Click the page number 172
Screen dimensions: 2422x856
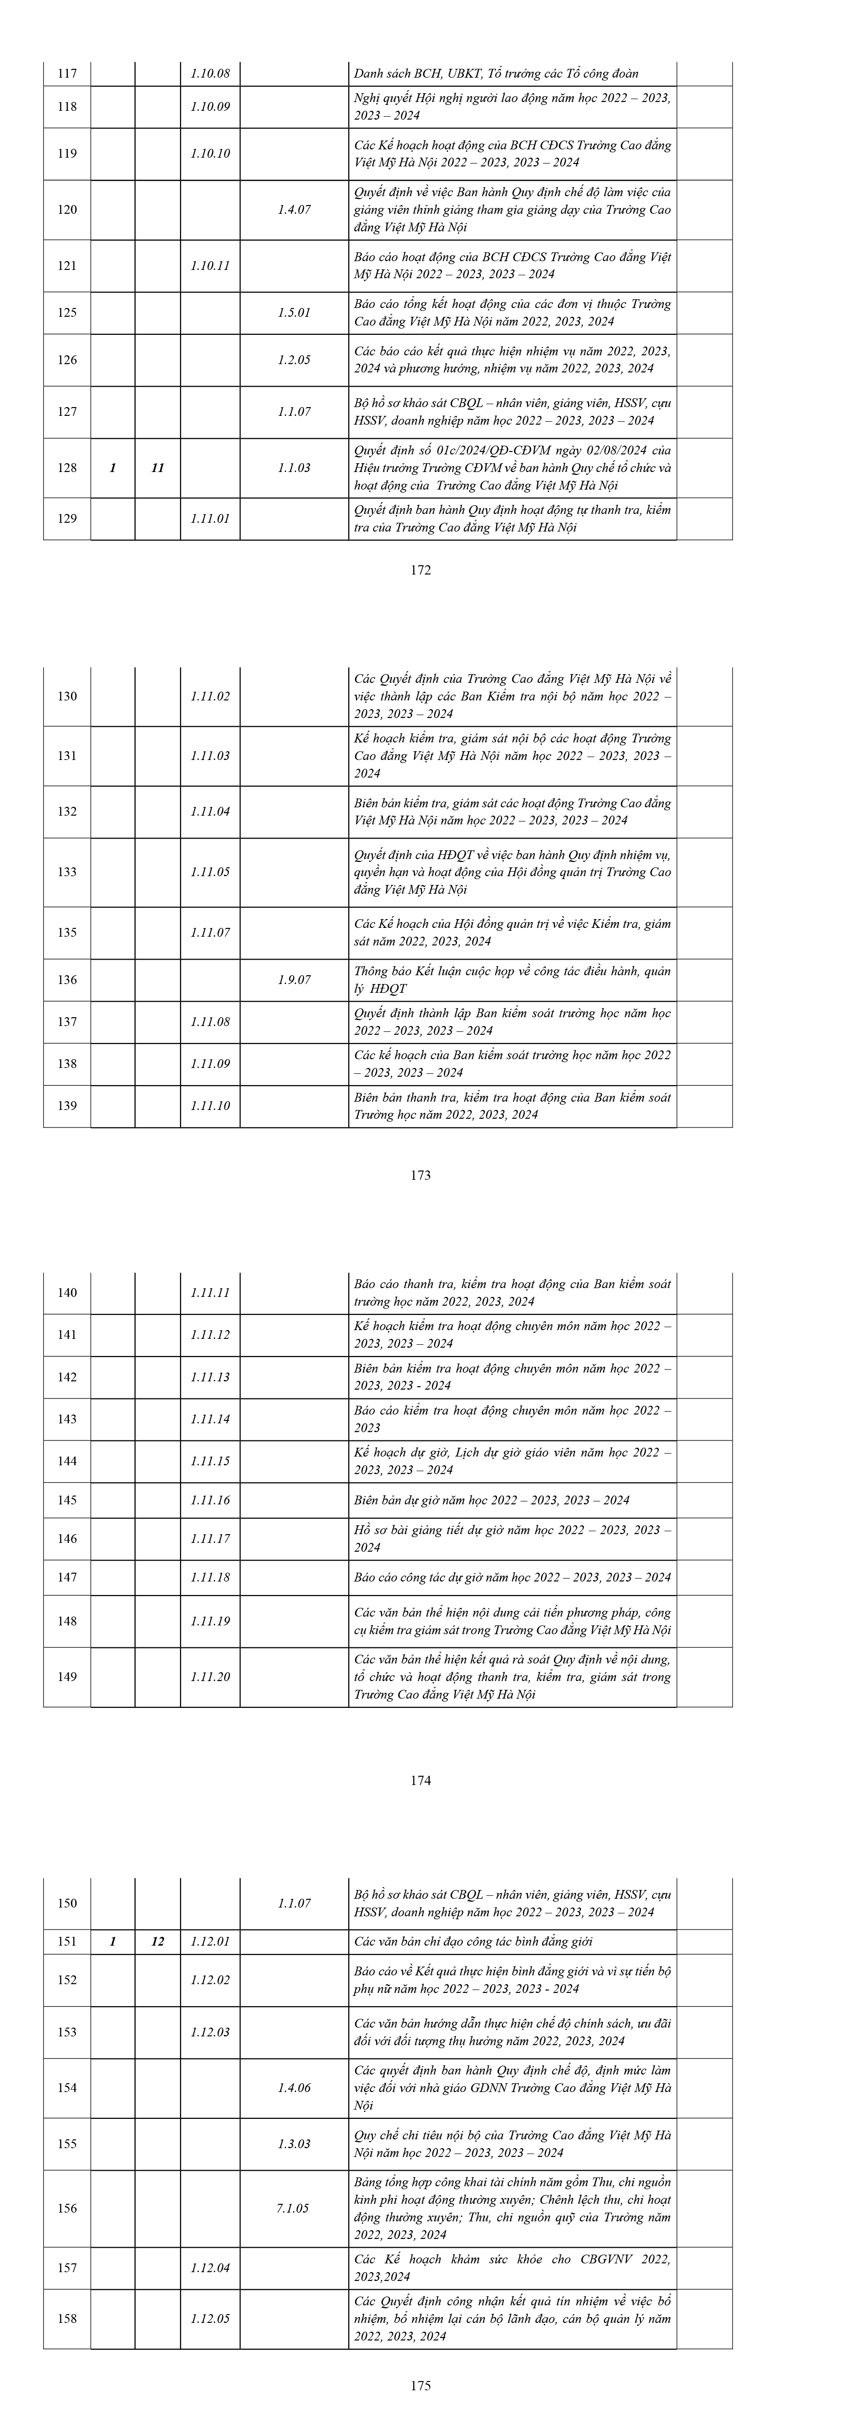421,570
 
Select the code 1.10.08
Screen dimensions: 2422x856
210,73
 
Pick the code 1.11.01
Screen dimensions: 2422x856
210,518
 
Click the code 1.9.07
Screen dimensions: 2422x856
294,980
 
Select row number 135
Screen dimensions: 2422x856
67,933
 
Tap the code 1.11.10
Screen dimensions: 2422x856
210,1106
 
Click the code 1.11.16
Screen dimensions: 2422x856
210,1499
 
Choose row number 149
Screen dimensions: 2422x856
67,1676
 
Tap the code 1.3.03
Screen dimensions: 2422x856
294,2144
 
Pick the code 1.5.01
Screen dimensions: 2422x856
294,312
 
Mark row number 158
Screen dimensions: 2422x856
67,2319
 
